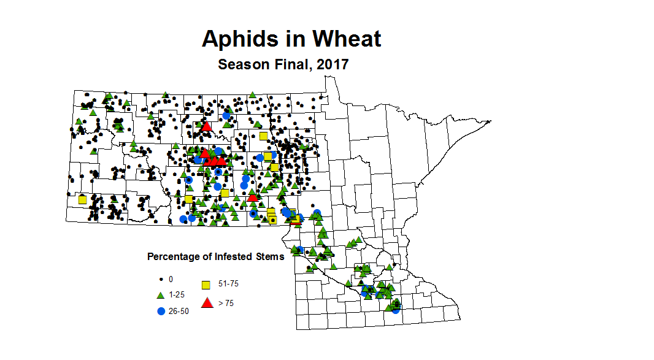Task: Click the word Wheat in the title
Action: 347,39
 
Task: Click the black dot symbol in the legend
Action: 161,279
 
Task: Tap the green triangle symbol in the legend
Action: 161,295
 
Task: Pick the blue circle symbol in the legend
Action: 161,311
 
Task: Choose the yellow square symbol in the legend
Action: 207,285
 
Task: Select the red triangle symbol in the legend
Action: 207,302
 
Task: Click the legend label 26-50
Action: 179,311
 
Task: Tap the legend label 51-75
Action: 229,285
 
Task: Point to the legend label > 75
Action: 226,303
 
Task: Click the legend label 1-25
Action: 177,295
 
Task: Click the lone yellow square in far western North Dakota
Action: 82,199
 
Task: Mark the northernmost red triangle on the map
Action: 206,127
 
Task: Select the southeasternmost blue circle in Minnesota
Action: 396,310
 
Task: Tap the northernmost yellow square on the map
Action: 263,136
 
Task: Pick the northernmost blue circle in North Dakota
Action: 226,115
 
